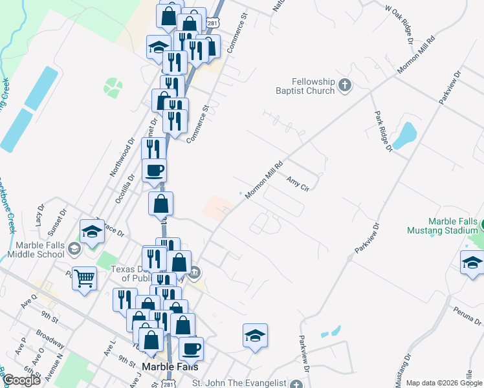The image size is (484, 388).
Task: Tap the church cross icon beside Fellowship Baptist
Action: (x=345, y=84)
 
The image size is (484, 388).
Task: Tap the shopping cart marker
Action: (x=85, y=279)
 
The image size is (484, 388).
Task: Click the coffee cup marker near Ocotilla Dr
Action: (x=154, y=171)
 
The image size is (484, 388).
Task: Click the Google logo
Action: (x=21, y=381)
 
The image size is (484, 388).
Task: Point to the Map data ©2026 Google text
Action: (x=444, y=383)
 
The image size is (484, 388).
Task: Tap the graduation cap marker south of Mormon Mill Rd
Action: (x=256, y=336)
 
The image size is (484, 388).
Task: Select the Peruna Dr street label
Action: (x=468, y=317)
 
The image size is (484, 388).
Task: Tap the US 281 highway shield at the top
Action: (x=212, y=23)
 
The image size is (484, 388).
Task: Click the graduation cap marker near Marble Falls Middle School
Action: (x=92, y=232)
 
